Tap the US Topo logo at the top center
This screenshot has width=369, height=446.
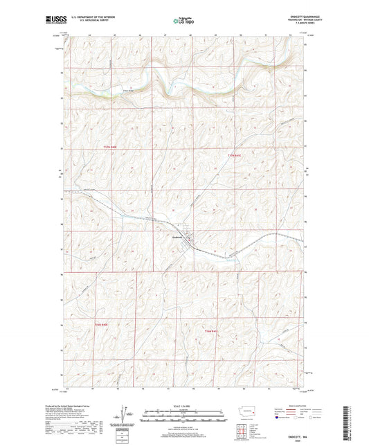click(183, 21)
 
